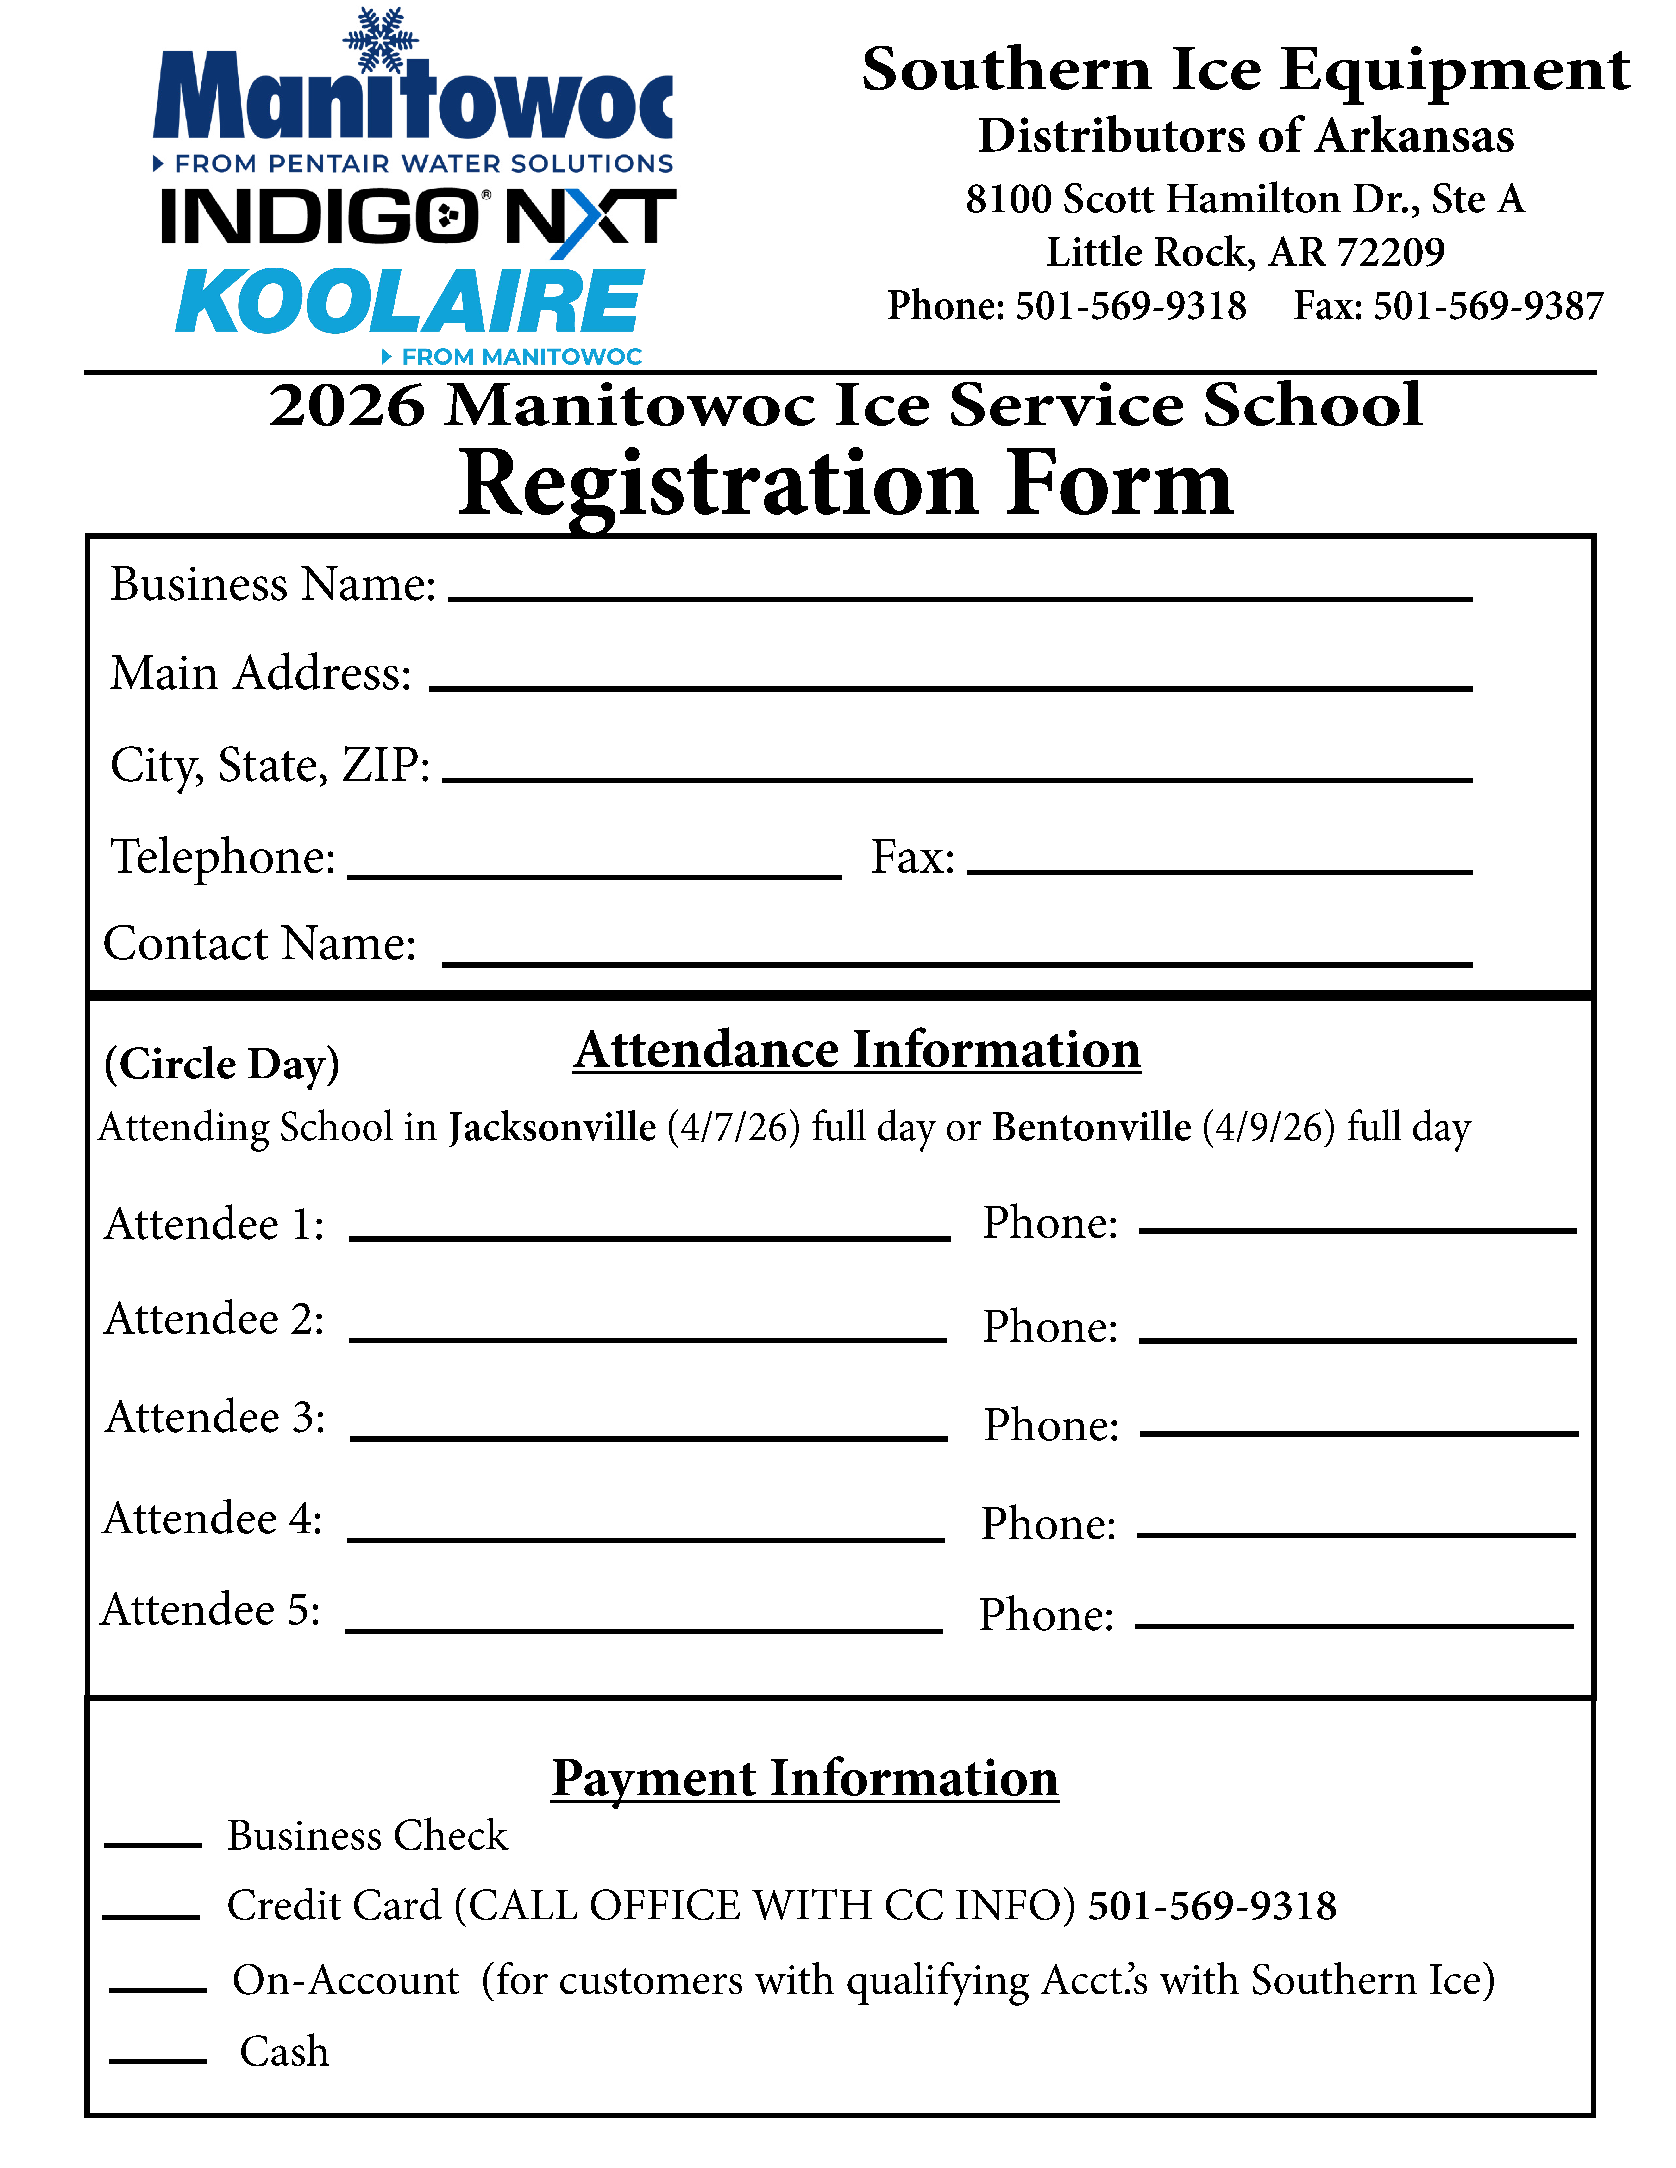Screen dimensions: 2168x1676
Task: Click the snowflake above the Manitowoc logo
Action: click(380, 40)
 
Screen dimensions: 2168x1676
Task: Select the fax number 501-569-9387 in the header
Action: click(1487, 306)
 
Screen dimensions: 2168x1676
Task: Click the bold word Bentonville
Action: click(1091, 1128)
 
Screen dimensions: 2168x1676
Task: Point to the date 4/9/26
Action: click(1268, 1128)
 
